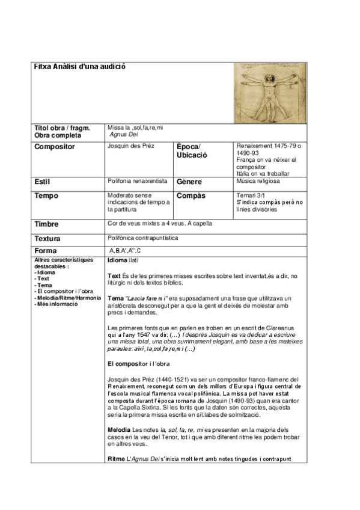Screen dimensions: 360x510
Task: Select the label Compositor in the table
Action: (x=55, y=146)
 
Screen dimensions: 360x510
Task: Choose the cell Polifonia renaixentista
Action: (x=138, y=180)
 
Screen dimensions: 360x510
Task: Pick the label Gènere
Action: (x=189, y=182)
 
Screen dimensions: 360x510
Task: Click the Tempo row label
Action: (x=46, y=196)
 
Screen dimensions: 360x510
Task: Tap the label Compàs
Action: (x=192, y=196)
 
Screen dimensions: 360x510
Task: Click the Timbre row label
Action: (x=47, y=224)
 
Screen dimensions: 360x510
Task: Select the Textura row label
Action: (x=48, y=238)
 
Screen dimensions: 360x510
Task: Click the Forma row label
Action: (x=46, y=251)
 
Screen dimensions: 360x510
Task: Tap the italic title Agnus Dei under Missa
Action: (x=124, y=135)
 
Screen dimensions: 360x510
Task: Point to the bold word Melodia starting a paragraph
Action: (x=118, y=430)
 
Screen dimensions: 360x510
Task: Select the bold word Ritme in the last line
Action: (x=116, y=459)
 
